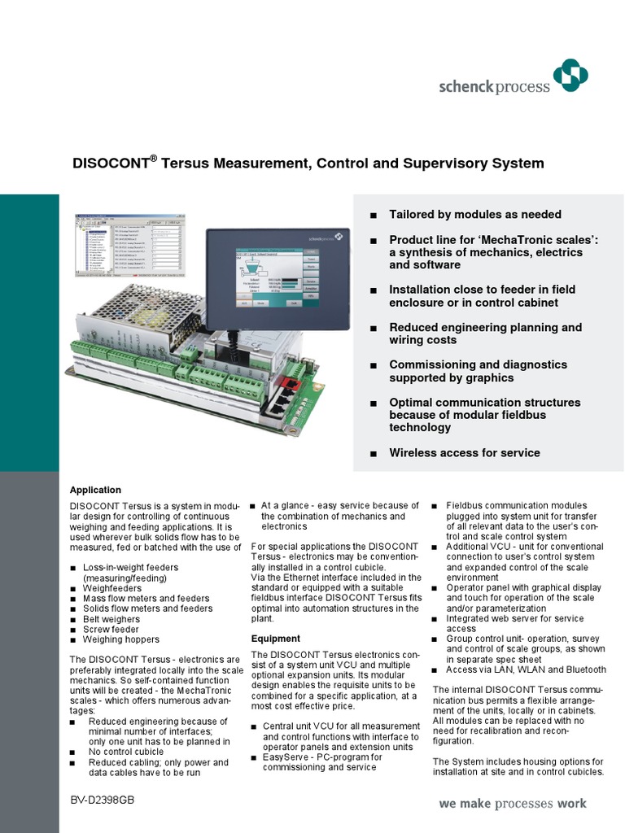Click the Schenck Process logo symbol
(570, 77)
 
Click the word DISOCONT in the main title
(111, 164)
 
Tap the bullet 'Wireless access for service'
(464, 452)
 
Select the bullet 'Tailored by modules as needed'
(474, 215)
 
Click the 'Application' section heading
(95, 490)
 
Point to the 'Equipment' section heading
(275, 639)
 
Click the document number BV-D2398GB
(103, 801)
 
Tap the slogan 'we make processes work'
(512, 804)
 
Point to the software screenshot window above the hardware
(130, 247)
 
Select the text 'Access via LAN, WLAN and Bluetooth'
(526, 669)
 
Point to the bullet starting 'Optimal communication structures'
(484, 415)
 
